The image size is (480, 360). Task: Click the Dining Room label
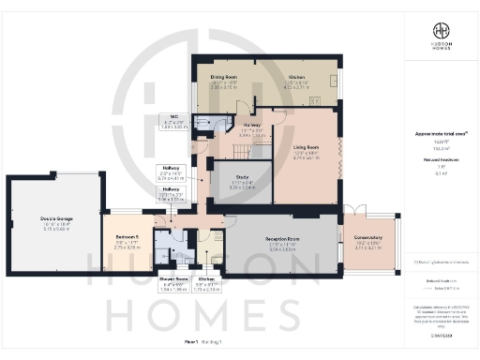223,78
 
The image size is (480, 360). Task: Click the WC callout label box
174,122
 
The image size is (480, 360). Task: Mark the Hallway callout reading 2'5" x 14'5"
170,173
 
